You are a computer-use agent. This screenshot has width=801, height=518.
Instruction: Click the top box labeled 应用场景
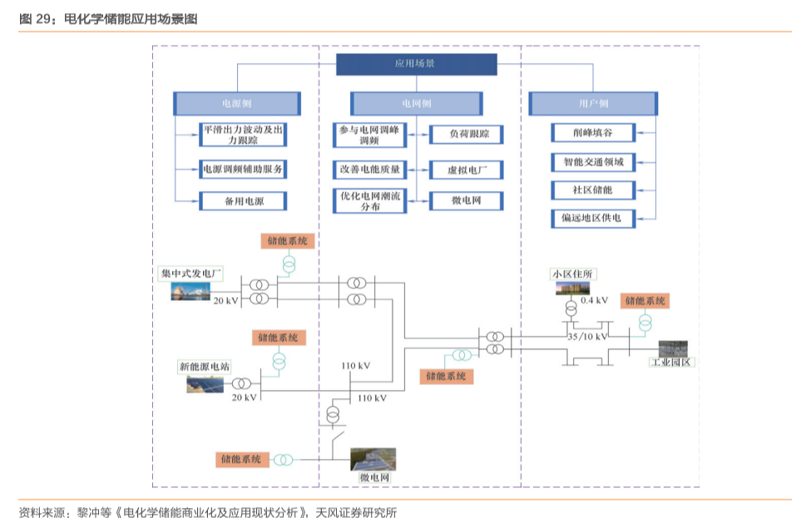(x=416, y=64)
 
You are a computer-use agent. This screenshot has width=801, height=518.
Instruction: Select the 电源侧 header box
(x=237, y=104)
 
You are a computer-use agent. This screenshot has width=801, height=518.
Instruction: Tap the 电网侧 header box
(x=416, y=104)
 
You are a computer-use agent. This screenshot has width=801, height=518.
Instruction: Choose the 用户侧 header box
(x=593, y=104)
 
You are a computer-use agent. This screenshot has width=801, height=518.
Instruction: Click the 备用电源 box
(x=244, y=201)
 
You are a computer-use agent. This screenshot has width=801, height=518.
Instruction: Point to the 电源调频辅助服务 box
(x=244, y=169)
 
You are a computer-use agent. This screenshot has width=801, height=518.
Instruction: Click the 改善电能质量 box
(x=369, y=169)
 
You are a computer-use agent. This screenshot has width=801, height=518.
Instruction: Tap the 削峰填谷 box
(x=593, y=133)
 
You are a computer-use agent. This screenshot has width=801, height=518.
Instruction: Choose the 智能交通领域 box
(x=593, y=161)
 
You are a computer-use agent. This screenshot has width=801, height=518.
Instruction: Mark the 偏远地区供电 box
(x=593, y=218)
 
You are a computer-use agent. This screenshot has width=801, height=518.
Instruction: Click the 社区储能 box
(x=593, y=190)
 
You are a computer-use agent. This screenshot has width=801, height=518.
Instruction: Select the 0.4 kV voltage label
(x=594, y=300)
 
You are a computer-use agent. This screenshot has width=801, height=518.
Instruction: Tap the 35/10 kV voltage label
(x=587, y=337)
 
